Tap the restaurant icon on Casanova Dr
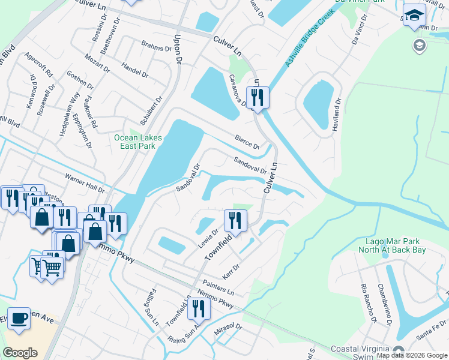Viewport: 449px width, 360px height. (x=258, y=98)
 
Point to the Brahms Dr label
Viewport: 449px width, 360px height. (x=156, y=45)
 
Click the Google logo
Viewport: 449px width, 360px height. (x=20, y=352)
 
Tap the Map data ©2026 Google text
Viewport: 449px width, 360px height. (x=411, y=355)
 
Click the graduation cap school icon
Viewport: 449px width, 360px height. (x=414, y=16)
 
